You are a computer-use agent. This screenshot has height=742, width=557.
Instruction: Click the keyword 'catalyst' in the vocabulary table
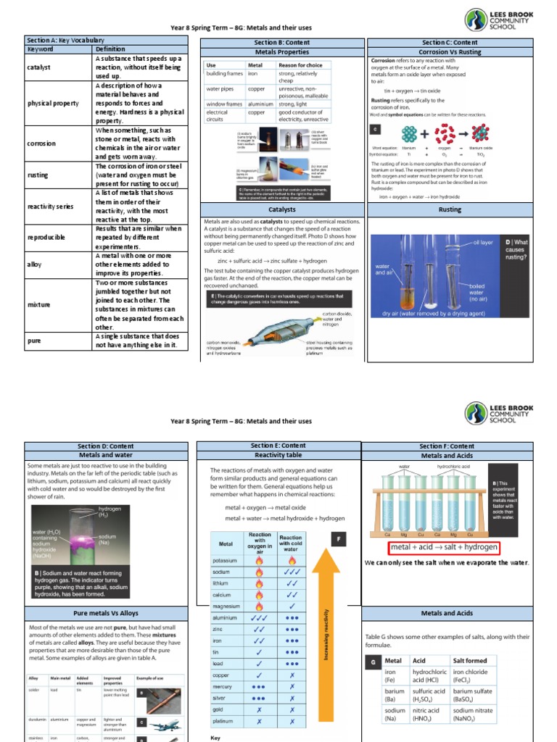coord(39,67)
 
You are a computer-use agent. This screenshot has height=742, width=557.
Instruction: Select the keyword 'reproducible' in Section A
coord(46,237)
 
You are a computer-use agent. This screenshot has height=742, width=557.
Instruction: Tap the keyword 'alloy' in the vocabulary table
coord(34,265)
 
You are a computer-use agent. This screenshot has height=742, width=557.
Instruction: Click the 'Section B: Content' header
coord(277,43)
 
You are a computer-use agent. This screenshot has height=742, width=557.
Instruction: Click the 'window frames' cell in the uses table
coord(224,104)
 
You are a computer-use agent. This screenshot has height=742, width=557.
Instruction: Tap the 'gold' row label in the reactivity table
coord(221,710)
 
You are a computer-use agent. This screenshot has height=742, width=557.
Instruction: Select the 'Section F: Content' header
coord(447,446)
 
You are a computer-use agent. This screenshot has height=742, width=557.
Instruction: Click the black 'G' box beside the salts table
coord(372,662)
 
